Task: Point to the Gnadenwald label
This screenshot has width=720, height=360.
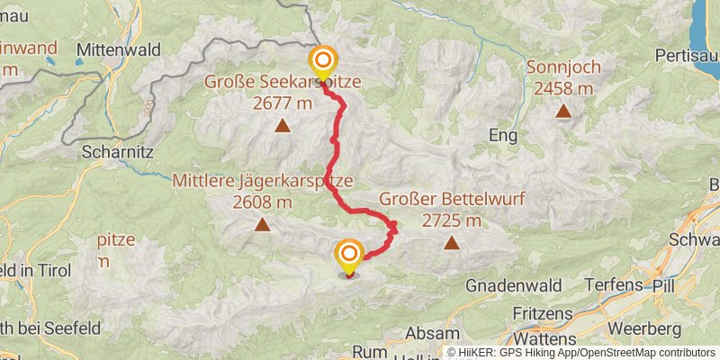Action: (x=515, y=285)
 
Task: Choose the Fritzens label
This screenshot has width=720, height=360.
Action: (x=544, y=313)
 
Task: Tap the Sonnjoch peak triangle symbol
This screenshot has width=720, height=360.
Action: (x=563, y=112)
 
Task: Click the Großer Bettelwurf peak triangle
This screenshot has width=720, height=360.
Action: (x=451, y=242)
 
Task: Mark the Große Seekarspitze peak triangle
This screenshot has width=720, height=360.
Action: (x=283, y=126)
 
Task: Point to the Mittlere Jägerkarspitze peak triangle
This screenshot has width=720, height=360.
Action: (x=262, y=224)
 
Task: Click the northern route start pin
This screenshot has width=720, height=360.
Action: (x=322, y=62)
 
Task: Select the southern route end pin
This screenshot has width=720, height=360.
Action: (x=348, y=256)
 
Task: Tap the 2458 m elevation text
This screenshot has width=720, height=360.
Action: (x=563, y=88)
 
